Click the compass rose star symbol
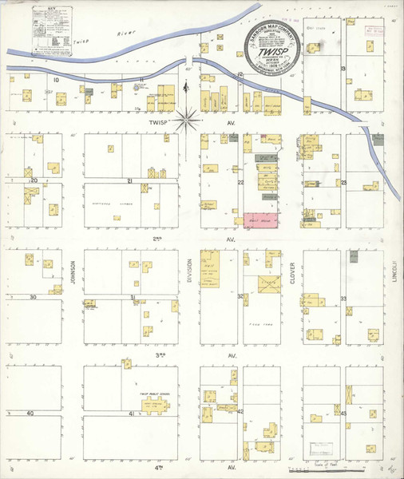(188, 121)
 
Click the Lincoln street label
(394, 274)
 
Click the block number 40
(30, 414)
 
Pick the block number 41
(131, 414)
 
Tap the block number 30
(32, 297)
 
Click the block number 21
(129, 181)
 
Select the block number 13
(343, 69)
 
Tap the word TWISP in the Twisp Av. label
(155, 125)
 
